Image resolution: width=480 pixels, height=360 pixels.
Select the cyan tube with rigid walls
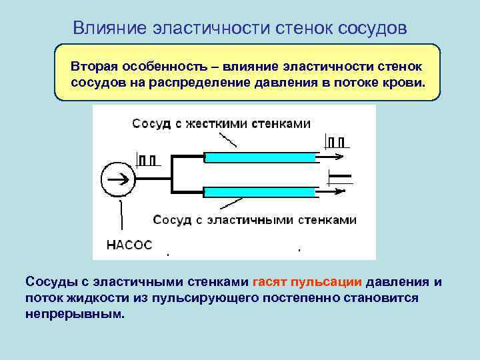pyautogui.click(x=260, y=157)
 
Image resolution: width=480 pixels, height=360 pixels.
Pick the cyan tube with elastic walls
pyautogui.click(x=260, y=192)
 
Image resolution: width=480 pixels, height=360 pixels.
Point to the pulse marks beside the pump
pyautogui.click(x=148, y=159)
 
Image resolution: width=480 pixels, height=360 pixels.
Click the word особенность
pyautogui.click(x=167, y=67)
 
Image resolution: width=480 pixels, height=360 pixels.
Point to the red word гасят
pyautogui.click(x=270, y=281)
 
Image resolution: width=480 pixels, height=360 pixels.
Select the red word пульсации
pyautogui.click(x=327, y=281)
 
